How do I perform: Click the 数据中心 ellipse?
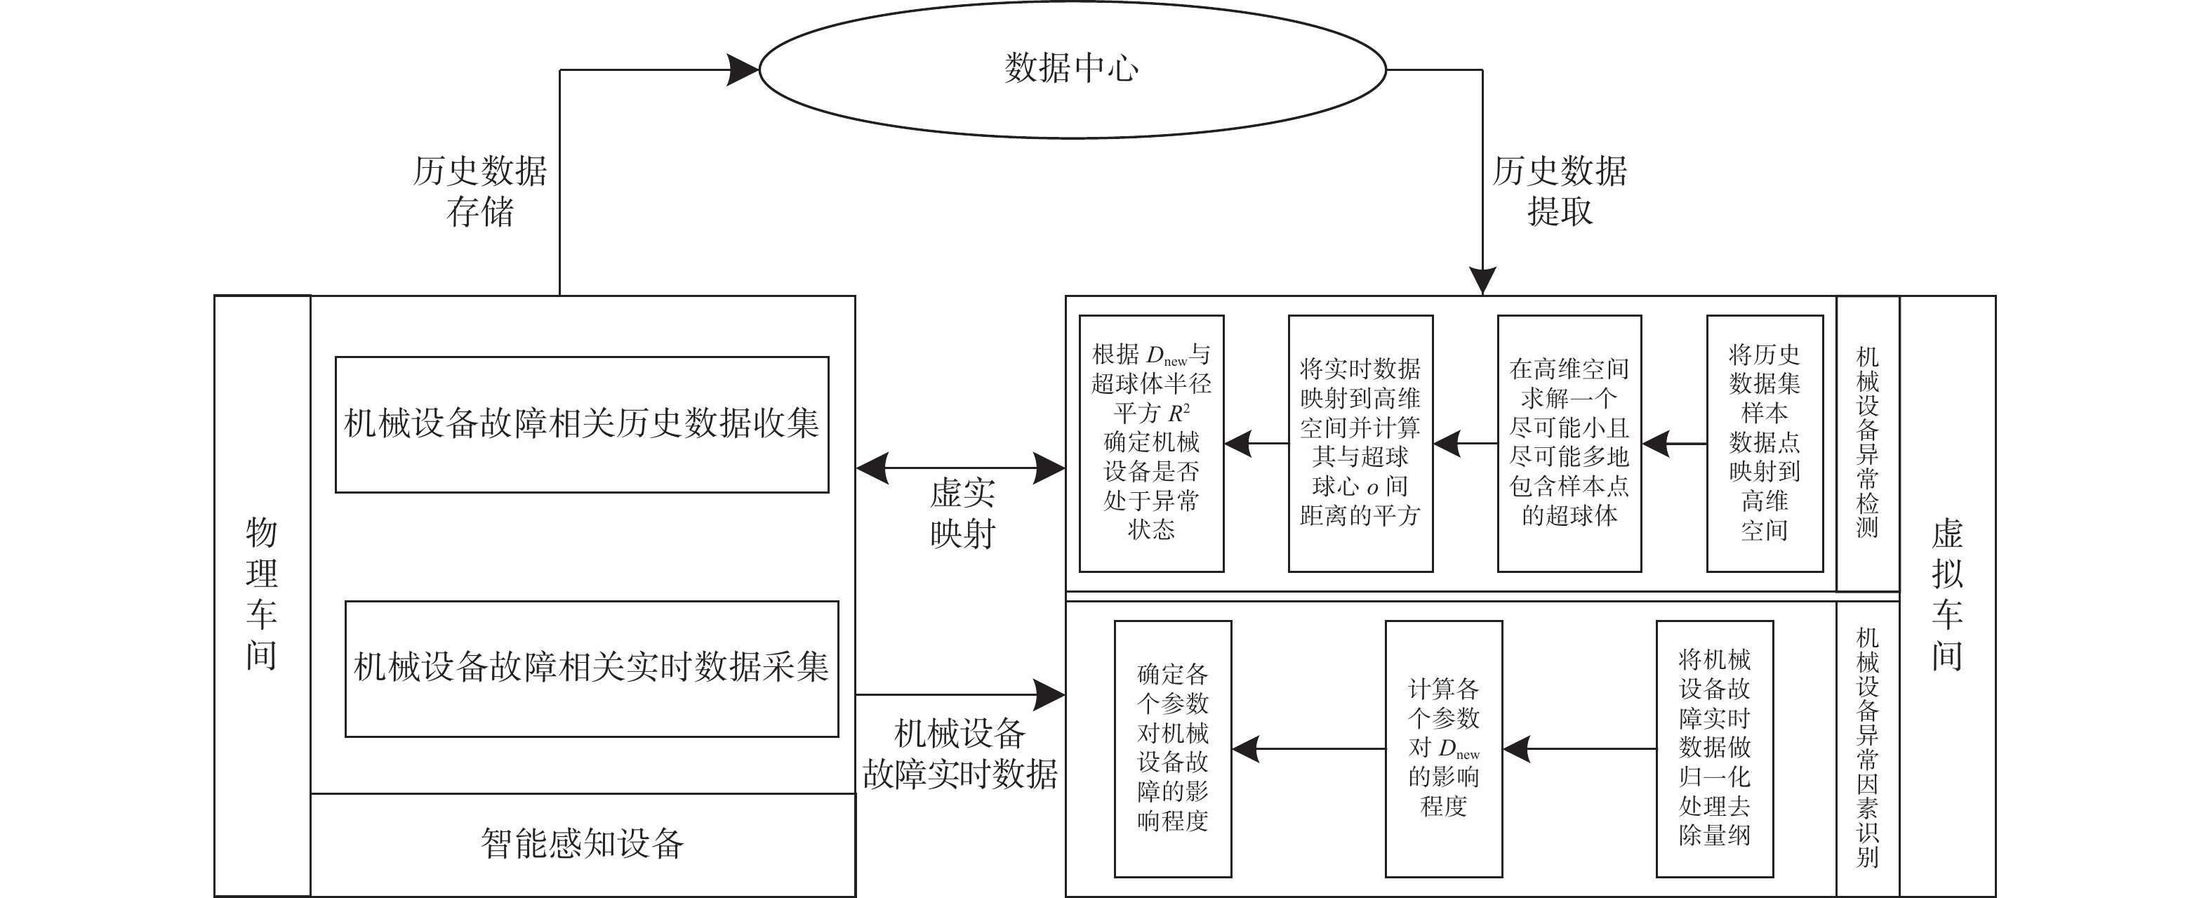pos(1072,69)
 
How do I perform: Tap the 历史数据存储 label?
pos(480,190)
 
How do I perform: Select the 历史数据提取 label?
pos(1559,190)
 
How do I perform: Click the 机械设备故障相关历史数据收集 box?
pos(581,424)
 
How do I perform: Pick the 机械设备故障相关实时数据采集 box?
pos(592,668)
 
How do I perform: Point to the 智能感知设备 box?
pos(582,844)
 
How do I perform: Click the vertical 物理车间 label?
pos(262,594)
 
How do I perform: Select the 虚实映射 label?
pos(962,513)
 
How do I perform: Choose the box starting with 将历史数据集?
pos(1764,443)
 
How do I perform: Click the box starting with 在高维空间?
pos(1569,443)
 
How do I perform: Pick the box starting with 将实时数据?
pos(1360,443)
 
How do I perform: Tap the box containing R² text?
pos(1151,443)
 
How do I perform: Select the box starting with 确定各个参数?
pos(1172,748)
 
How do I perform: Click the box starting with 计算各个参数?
pos(1444,748)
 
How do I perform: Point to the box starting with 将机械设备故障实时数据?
pos(1714,748)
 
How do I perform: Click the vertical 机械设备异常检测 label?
pos(1867,443)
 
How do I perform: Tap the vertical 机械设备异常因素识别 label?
pos(1867,748)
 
